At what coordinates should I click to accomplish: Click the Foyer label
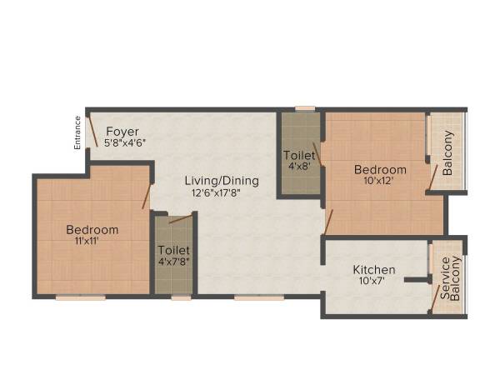[122, 131]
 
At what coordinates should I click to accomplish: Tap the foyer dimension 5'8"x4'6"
[126, 142]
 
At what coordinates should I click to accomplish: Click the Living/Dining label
[222, 181]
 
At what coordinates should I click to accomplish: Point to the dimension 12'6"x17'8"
[222, 193]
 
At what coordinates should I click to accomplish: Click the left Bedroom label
[92, 230]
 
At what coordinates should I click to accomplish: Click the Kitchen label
[374, 270]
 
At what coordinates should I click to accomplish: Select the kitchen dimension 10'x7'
[374, 282]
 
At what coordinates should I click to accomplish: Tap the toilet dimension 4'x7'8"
[174, 262]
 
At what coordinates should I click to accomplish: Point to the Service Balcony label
[451, 278]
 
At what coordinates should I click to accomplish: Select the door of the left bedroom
[147, 196]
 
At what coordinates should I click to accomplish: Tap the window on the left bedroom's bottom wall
[81, 297]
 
